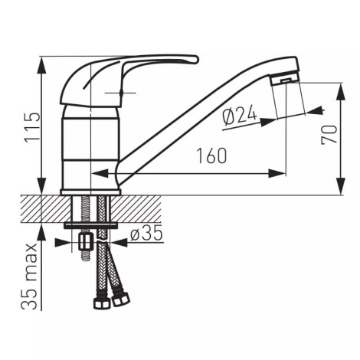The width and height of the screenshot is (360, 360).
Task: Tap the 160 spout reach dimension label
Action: pos(211,155)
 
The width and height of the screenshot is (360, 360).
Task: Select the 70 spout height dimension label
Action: pos(329,135)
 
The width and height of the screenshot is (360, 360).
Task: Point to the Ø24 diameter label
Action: pos(239,116)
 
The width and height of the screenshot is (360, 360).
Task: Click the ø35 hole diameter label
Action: pos(146,233)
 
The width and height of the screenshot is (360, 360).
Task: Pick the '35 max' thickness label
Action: pos(29,276)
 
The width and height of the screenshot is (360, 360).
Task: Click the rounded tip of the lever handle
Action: pos(195,59)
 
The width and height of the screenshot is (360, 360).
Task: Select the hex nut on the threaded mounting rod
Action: pos(85,242)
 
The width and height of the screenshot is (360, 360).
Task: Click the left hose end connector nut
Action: pos(101,303)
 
